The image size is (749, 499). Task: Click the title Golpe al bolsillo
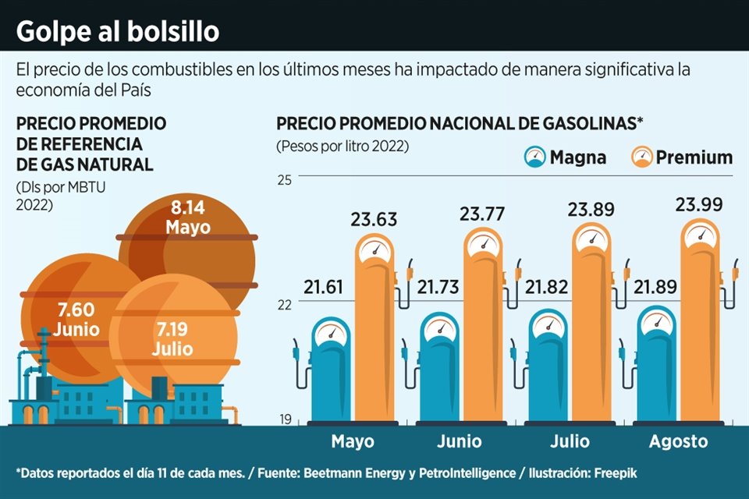click(x=118, y=32)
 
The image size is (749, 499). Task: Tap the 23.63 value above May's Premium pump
click(x=374, y=219)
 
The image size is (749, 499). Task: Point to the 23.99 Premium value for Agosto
click(x=699, y=205)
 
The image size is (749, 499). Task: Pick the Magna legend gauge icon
click(x=534, y=157)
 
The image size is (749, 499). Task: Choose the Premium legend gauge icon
click(x=641, y=157)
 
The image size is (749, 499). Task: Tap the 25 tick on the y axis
click(x=284, y=180)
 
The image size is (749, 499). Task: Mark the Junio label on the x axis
click(x=460, y=441)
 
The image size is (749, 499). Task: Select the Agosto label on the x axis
click(x=678, y=441)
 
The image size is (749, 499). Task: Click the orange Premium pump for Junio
click(x=488, y=327)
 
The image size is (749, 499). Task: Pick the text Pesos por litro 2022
click(x=342, y=146)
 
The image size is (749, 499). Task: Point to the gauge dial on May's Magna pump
click(x=331, y=331)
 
